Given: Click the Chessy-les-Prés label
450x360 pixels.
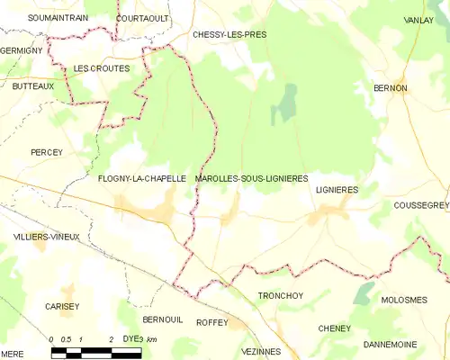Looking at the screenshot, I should pos(229,34).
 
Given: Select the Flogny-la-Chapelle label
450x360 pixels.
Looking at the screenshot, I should pos(142,179).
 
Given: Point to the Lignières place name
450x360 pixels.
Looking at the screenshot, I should pos(337,190).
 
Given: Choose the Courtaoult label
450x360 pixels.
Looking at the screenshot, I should pos(143,17).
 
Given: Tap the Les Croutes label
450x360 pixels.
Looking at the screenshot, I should pos(102,68).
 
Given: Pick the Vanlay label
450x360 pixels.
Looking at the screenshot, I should pos(418,20).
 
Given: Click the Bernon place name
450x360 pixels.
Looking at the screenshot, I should pos(391,88).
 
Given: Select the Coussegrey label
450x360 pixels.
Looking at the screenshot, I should pos(420,206).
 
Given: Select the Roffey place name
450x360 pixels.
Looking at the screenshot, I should pos(212,321).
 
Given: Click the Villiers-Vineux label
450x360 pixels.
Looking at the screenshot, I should pos(47,237).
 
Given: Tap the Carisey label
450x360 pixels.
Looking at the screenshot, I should pos(62,306).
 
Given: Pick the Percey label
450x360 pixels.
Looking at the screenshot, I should pos(46,153).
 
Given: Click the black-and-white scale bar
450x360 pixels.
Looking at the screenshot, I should pos(96,352).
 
